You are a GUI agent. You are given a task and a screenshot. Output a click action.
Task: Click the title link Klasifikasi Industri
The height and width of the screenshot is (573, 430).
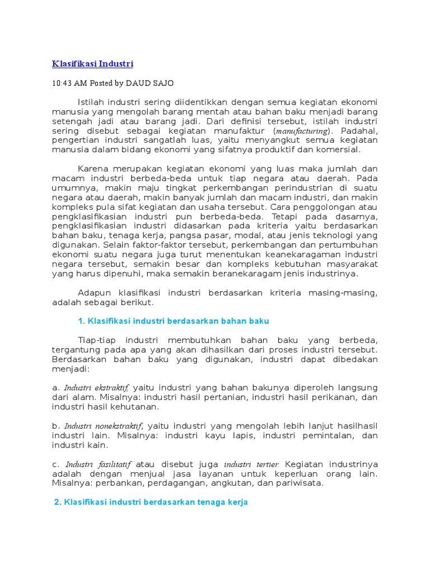[92, 64]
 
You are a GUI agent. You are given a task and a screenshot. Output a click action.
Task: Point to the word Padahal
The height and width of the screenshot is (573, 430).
[358, 131]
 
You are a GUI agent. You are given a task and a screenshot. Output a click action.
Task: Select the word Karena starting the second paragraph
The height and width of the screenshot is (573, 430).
[92, 169]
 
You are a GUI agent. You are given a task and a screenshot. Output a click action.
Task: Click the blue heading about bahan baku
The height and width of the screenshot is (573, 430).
[173, 321]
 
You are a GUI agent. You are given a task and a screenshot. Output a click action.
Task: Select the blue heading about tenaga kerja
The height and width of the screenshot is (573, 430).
[151, 502]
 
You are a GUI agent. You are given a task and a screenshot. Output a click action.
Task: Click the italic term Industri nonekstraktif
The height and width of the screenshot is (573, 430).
[104, 426]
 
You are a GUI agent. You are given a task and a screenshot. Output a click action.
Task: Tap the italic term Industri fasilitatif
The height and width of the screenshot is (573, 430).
[98, 464]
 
